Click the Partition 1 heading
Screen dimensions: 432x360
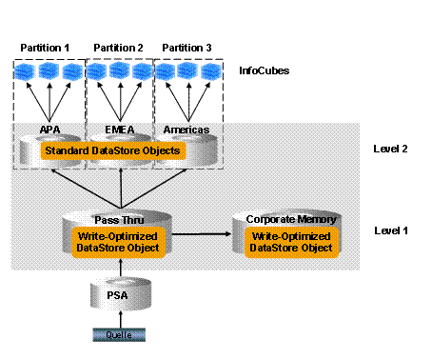(45, 48)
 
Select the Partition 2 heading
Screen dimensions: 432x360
(118, 48)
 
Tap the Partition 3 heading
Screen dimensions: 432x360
(187, 48)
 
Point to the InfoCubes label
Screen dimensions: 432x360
(265, 70)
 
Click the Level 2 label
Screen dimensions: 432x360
(390, 149)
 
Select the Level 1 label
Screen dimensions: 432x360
(391, 230)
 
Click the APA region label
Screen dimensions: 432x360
(50, 130)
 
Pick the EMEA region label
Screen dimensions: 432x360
(120, 130)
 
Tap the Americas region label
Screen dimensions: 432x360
(187, 130)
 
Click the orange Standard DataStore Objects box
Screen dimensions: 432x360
(113, 150)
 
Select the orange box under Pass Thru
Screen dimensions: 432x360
(118, 242)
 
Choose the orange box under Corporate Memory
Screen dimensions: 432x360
(291, 242)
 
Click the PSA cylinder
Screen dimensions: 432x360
(121, 294)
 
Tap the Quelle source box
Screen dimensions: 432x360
(119, 335)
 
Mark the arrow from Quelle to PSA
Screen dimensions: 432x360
(121, 319)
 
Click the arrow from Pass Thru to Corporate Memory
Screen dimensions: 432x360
(202, 234)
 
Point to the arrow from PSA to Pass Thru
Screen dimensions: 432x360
(121, 268)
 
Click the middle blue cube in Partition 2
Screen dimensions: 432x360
(120, 70)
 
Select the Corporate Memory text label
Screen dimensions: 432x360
(291, 219)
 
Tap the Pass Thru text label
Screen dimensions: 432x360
(119, 220)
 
